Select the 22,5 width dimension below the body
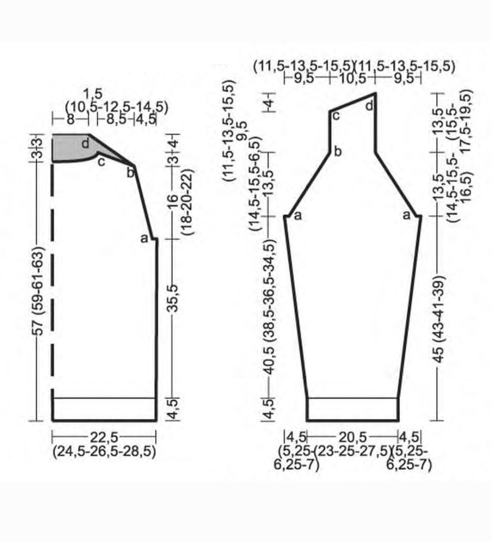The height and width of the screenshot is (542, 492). (x=104, y=438)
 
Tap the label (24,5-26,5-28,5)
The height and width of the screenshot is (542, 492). (x=104, y=451)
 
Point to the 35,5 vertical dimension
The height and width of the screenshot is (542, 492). (x=173, y=298)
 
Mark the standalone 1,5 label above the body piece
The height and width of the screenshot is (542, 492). (x=92, y=94)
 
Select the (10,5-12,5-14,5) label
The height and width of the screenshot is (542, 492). (x=117, y=107)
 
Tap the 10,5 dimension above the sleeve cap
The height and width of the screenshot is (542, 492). (x=352, y=78)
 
